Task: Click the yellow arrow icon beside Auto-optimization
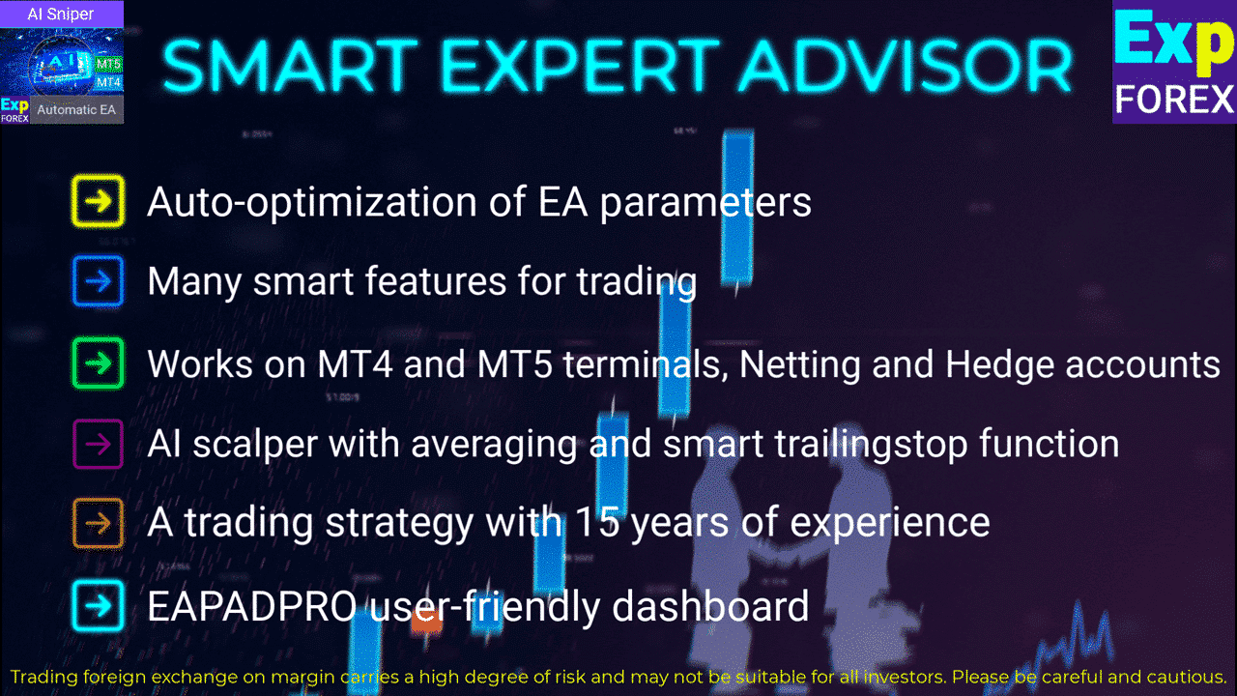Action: (x=98, y=201)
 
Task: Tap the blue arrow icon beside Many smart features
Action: (x=98, y=281)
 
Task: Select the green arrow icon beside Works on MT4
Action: (x=98, y=363)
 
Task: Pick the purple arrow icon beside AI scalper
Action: (x=98, y=444)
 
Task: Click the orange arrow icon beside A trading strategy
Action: (x=98, y=523)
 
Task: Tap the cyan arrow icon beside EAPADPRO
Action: (x=98, y=606)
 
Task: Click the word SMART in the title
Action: (x=290, y=66)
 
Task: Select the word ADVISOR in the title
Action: (x=906, y=66)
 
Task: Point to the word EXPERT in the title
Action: (x=579, y=66)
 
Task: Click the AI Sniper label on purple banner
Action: (x=61, y=14)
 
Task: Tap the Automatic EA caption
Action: (x=76, y=109)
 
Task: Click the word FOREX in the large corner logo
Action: (x=1174, y=100)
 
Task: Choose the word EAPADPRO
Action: (x=252, y=606)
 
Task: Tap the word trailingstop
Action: (x=871, y=444)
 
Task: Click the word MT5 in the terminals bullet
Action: (x=515, y=364)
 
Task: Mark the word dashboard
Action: (x=710, y=605)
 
